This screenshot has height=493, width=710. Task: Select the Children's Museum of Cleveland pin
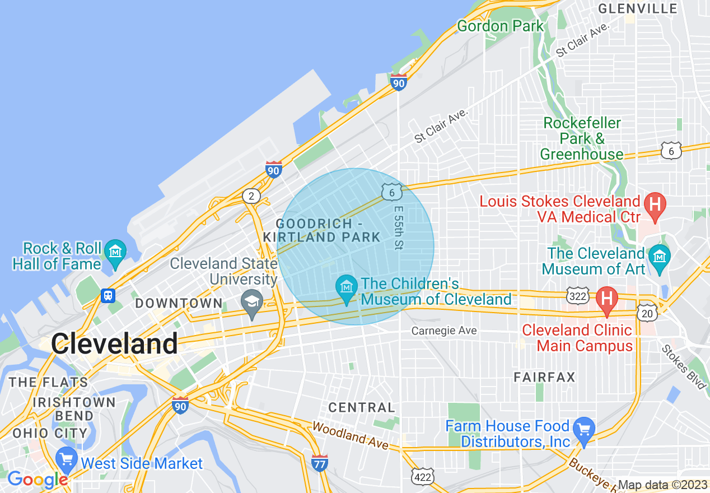click(347, 288)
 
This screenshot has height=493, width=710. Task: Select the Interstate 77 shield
click(319, 463)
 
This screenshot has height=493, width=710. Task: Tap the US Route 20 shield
click(647, 313)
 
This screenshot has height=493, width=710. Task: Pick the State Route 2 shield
click(251, 196)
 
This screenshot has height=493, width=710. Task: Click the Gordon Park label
click(500, 26)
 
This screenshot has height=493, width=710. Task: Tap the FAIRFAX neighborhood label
click(544, 377)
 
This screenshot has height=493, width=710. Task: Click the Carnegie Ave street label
click(444, 331)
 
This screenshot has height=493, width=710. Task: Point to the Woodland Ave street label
click(350, 435)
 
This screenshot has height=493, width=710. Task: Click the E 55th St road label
click(398, 227)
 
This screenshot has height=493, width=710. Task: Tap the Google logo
click(38, 480)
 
